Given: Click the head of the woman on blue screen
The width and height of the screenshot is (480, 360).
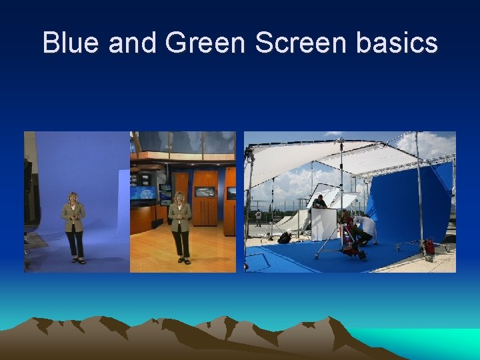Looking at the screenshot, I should pos(73,198).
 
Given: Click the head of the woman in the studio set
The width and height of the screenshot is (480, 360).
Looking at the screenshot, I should pos(179,198).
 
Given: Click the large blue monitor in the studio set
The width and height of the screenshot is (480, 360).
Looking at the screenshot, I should pos(143,193).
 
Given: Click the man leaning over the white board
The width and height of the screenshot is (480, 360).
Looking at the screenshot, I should pos(321,201).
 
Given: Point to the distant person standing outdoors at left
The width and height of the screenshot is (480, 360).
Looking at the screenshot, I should pos(258,217).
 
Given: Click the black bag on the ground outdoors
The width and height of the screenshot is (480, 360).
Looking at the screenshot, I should pos(285,237).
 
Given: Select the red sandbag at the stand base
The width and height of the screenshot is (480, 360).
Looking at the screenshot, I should pos(429,246).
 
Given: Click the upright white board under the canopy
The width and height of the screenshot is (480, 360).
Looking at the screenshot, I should pos(324,224).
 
